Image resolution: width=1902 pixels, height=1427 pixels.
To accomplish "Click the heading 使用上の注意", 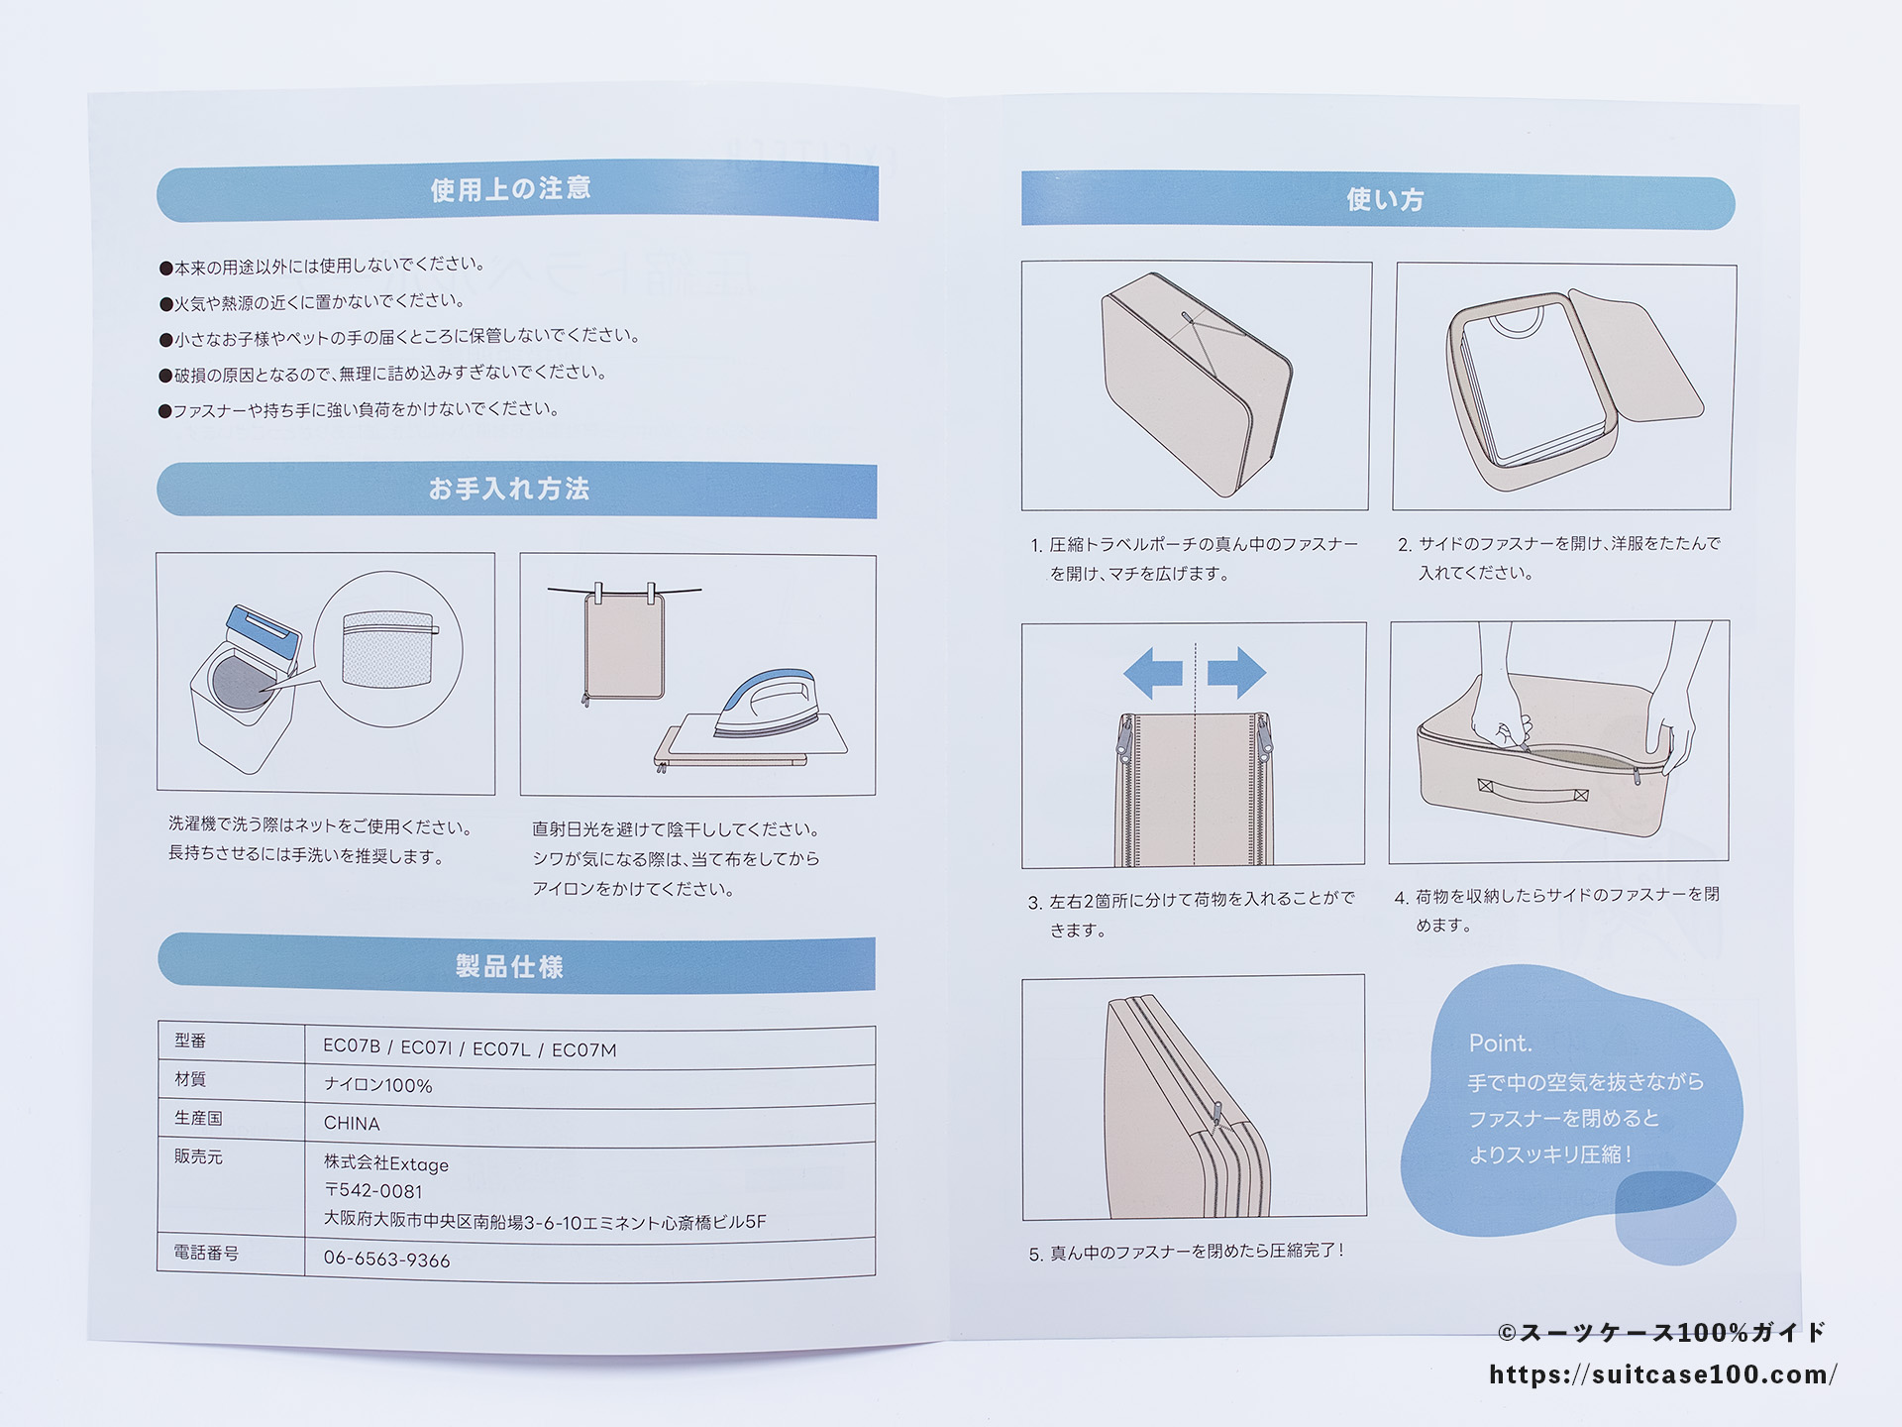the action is (x=511, y=189).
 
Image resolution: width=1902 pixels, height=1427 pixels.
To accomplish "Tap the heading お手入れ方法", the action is (x=509, y=489).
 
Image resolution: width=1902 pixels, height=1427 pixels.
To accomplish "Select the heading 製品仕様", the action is (x=509, y=966).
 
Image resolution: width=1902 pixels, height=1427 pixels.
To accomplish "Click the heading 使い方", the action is (x=1385, y=199).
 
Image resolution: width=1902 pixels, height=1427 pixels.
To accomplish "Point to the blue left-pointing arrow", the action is (x=1153, y=673).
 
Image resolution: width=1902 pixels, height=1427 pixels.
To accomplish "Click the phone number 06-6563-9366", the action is (x=386, y=1260).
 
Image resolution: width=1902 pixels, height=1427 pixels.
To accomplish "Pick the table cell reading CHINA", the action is (x=352, y=1123).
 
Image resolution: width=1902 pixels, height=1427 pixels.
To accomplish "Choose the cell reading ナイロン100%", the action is (x=378, y=1085).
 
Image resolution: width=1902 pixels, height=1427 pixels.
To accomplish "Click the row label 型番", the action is (x=190, y=1041).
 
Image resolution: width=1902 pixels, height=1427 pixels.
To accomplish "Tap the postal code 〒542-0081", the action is (x=373, y=1191).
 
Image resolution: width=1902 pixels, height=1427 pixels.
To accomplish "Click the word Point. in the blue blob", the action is (x=1500, y=1043).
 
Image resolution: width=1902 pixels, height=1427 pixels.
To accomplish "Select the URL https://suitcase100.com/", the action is (x=1663, y=1374).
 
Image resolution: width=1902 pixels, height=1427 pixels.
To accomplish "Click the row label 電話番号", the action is (x=206, y=1253).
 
